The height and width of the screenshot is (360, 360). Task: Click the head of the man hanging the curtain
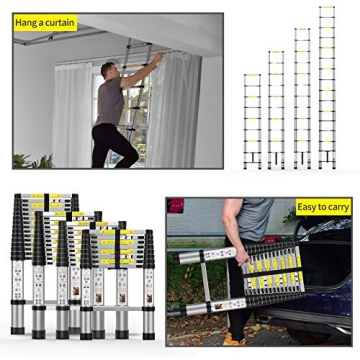(x=109, y=69)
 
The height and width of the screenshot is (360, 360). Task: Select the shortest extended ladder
(x=252, y=120)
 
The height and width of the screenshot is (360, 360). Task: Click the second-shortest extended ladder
(x=276, y=110)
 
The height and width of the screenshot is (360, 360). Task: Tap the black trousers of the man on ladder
(x=110, y=140)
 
